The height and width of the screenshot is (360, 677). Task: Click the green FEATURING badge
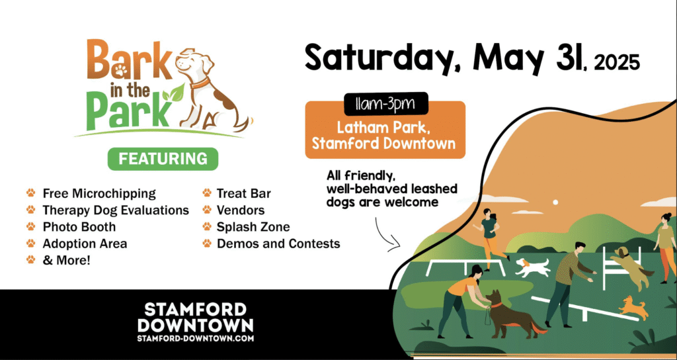click(163, 159)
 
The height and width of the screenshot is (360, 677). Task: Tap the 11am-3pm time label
click(385, 104)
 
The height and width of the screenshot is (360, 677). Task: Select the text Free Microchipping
click(99, 193)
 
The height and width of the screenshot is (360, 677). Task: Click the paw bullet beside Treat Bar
click(207, 193)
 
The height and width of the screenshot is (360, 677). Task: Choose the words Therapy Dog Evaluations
click(116, 210)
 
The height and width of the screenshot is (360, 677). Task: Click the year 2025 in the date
click(617, 63)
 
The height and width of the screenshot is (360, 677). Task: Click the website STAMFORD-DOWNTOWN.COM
click(196, 338)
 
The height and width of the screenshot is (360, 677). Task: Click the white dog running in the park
click(532, 267)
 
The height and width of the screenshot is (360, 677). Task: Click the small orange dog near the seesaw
click(633, 307)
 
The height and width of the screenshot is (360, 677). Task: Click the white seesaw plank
click(584, 308)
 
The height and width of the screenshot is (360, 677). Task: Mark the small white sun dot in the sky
click(555, 202)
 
